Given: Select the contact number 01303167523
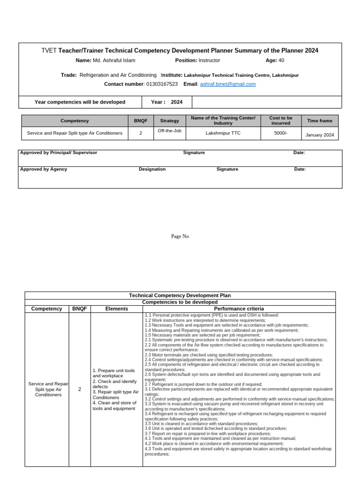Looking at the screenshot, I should pyautogui.click(x=162, y=84).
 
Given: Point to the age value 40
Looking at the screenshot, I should pyautogui.click(x=281, y=60).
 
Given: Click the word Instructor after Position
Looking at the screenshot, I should pyautogui.click(x=209, y=60).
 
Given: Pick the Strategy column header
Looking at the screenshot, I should pyautogui.click(x=170, y=121).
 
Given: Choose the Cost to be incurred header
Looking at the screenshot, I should pyautogui.click(x=281, y=120).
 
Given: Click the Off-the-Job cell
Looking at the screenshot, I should pyautogui.click(x=170, y=131).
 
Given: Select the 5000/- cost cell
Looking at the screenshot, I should pyautogui.click(x=281, y=133).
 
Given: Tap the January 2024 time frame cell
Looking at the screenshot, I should pyautogui.click(x=320, y=135).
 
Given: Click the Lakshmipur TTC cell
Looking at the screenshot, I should pyautogui.click(x=223, y=133).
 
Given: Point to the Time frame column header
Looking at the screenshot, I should pyautogui.click(x=320, y=121).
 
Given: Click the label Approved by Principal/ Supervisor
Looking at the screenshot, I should pyautogui.click(x=59, y=153).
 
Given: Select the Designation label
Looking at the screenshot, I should pyautogui.click(x=152, y=169).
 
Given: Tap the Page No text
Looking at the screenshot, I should pyautogui.click(x=180, y=237).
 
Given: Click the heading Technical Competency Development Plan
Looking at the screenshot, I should pyautogui.click(x=180, y=296).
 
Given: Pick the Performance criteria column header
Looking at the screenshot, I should pyautogui.click(x=239, y=309).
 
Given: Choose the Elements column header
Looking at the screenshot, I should pyautogui.click(x=117, y=309).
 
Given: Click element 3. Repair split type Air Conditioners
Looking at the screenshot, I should pyautogui.click(x=115, y=395).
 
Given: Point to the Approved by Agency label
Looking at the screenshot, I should pyautogui.click(x=44, y=169).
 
